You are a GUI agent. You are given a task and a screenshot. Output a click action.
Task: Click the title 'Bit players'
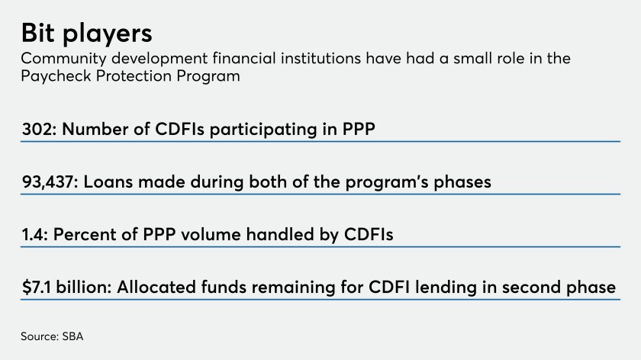click(87, 33)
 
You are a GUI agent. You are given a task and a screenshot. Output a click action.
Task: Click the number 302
click(37, 129)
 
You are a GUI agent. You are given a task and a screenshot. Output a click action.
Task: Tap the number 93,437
click(48, 182)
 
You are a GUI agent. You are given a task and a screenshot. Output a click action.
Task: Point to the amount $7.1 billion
click(66, 287)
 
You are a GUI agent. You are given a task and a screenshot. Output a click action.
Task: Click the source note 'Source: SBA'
click(52, 336)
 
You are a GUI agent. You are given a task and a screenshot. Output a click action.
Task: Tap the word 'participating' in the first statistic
click(263, 130)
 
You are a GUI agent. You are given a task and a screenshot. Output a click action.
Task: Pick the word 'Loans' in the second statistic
click(108, 182)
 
